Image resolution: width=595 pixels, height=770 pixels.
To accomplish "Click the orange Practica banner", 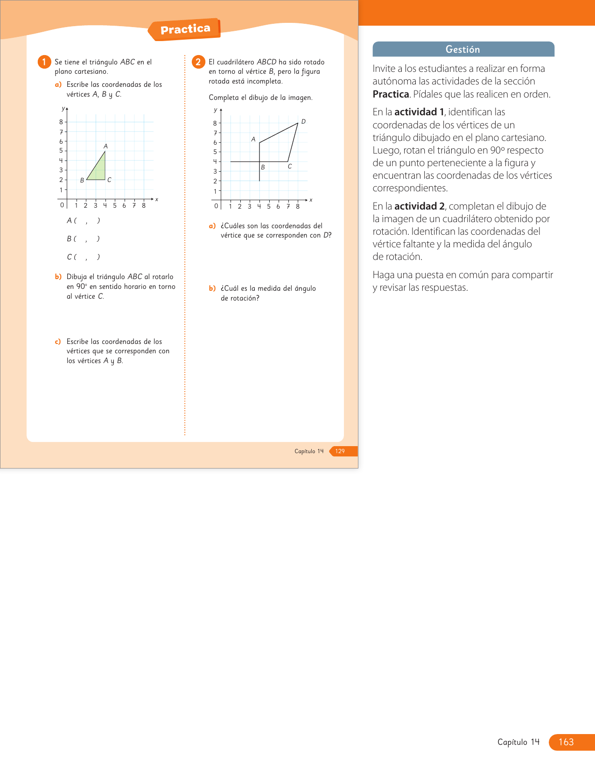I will [x=185, y=29].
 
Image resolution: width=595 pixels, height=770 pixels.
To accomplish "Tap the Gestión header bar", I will [x=463, y=49].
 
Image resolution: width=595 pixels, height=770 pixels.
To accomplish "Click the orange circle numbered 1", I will [x=44, y=62].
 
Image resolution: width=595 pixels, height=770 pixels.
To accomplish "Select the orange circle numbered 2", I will [x=198, y=62].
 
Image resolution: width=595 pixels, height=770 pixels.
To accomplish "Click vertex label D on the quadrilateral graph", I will [x=303, y=121].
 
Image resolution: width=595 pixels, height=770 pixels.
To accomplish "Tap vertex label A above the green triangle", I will [x=105, y=146].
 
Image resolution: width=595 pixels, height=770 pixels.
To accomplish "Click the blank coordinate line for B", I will [x=84, y=238].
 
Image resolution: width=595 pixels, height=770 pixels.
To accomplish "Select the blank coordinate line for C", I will [x=84, y=257].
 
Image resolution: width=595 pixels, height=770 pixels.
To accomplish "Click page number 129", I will [x=340, y=451].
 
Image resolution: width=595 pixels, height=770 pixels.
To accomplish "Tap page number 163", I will [x=566, y=742].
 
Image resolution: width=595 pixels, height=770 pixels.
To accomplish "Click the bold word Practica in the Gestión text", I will [x=391, y=94].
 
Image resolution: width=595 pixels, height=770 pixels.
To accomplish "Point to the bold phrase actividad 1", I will [x=419, y=112].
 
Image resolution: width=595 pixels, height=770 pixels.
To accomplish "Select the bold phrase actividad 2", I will [x=419, y=206].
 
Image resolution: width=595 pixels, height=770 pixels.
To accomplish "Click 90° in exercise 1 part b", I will [x=82, y=287].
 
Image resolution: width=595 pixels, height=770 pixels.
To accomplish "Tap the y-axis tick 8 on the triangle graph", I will [x=61, y=122].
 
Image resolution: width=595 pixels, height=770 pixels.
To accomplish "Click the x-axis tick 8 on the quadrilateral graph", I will [x=298, y=206].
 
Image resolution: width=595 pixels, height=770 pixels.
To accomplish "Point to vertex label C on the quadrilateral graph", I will [x=290, y=167].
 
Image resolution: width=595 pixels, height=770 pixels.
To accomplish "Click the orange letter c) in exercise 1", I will [x=58, y=342].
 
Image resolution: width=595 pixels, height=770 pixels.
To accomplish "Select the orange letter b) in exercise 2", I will [x=212, y=288].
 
